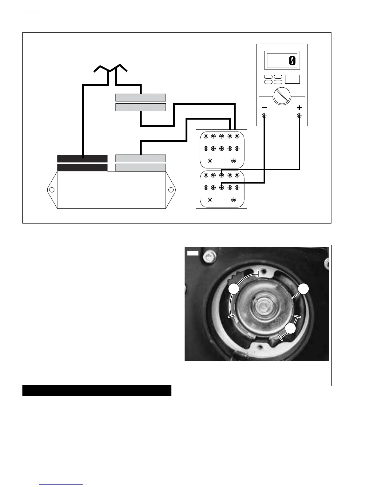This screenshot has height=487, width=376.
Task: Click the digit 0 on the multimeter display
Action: pos(292,61)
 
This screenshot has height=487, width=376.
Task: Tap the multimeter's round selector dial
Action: pos(282,96)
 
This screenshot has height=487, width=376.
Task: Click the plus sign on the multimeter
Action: pos(299,108)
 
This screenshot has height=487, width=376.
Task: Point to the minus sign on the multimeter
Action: pos(264,108)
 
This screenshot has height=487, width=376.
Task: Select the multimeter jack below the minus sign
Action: pos(264,116)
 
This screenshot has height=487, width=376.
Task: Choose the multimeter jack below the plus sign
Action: pos(299,116)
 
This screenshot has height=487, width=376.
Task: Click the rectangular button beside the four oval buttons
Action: pos(292,79)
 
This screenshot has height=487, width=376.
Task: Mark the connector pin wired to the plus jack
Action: pos(221,175)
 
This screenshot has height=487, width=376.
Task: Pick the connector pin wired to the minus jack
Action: pos(221,187)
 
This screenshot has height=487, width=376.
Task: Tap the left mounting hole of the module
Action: pos(52,190)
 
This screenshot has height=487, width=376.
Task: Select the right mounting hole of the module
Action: pos(171,190)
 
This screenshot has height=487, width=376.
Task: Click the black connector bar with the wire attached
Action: pos(82,159)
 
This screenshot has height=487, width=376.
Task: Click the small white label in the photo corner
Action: pos(193,253)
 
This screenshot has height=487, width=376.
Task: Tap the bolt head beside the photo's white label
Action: pos(210,255)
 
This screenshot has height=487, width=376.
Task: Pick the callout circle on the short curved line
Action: pos(290,329)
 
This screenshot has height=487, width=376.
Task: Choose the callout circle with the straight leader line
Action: pos(304,289)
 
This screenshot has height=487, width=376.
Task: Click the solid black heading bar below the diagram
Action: pos(97,390)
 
